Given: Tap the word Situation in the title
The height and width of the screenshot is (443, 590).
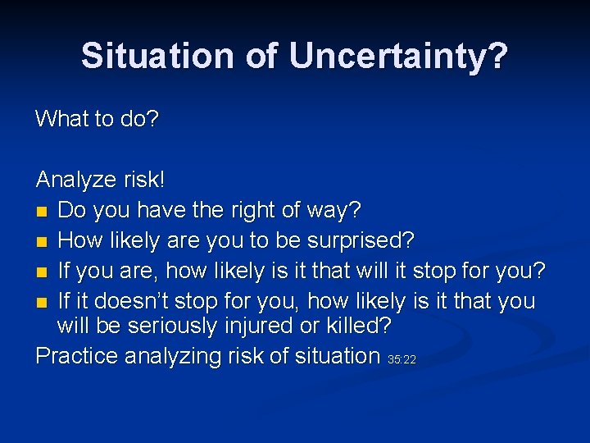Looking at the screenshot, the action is pos(157,56).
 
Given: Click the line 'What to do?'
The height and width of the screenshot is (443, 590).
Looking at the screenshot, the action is pos(97,118).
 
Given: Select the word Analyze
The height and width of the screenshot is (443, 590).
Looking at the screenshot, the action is pos(75,180).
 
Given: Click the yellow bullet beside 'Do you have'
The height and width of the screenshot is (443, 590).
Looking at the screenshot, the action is pos(42,212).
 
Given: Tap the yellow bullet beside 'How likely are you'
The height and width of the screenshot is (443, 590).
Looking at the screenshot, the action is pos(42,242).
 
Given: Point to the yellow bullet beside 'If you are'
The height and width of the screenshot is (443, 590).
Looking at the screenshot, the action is pos(42,272).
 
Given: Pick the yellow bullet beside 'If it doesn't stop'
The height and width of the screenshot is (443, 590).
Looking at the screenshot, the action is pos(42,303).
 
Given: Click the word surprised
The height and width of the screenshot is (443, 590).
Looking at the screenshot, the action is pos(361,240).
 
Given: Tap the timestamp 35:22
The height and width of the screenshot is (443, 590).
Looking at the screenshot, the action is pos(402,360).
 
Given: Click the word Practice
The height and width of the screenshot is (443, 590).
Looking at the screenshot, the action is pos(77,355).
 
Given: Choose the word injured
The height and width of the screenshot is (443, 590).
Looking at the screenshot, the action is pos(259,326).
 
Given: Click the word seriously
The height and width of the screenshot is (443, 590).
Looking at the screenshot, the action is pos(172,327).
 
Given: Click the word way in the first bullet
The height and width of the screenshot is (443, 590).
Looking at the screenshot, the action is pos(334,211).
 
